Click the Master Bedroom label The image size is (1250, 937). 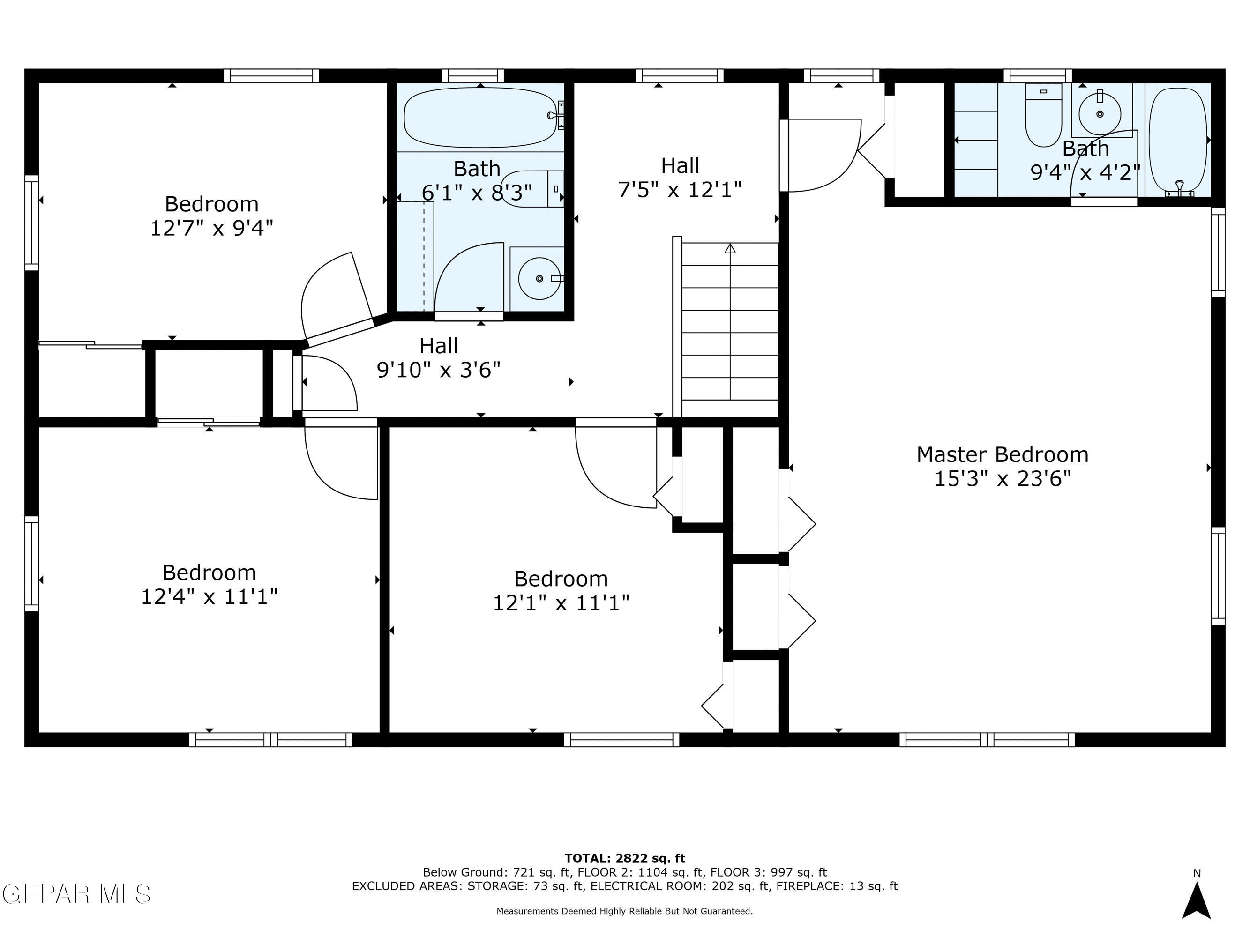pos(1002,454)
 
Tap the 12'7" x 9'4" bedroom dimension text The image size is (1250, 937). pos(211,228)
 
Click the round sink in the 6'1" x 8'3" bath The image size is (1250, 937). pos(539,278)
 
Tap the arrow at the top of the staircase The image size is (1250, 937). pos(730,248)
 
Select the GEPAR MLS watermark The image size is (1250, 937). pos(76,894)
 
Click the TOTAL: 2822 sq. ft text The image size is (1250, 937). pos(624,858)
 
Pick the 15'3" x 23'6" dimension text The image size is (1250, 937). pos(1003,479)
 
